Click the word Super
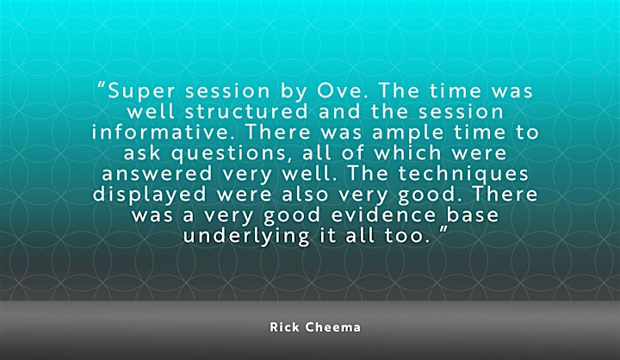tap(141, 92)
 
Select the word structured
tap(246, 112)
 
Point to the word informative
tap(160, 132)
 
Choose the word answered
tap(157, 174)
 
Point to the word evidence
tap(384, 215)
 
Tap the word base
tap(473, 215)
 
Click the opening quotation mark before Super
tap(102, 85)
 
